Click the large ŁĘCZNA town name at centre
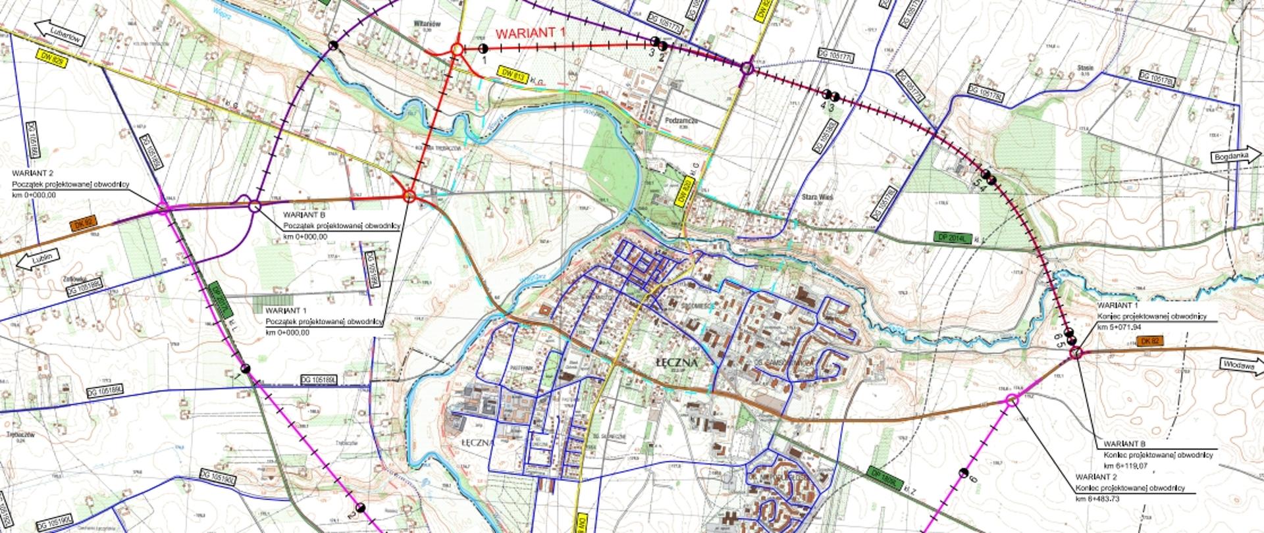(x=676, y=363)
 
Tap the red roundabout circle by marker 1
(x=457, y=49)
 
